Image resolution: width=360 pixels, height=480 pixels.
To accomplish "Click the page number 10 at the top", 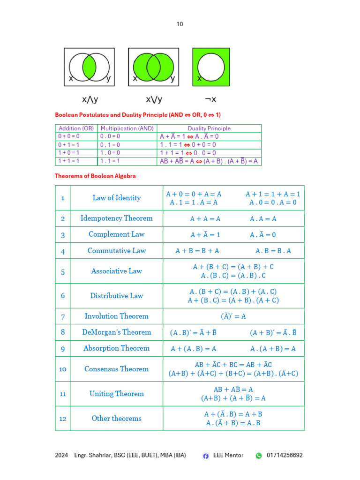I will (180, 24).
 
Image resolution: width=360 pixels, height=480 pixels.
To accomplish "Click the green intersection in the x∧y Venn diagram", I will (89, 67).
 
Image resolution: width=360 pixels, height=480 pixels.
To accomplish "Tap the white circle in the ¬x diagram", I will (210, 67).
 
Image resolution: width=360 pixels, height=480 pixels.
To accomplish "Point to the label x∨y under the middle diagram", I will (154, 99).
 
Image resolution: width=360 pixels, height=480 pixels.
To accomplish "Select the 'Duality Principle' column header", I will (209, 128).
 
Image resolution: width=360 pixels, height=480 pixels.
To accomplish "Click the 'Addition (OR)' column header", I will (76, 128).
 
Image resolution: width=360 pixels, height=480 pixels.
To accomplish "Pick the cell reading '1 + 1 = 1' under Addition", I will (68, 161).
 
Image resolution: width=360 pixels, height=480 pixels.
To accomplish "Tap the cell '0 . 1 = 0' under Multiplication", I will (110, 145).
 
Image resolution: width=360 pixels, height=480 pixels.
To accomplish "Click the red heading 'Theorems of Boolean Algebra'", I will (96, 176).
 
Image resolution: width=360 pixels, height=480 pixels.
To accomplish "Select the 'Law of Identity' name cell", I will (117, 198).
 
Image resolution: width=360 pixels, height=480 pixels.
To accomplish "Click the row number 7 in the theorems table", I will (63, 316).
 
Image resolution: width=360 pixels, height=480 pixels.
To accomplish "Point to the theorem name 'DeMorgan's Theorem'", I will (117, 332).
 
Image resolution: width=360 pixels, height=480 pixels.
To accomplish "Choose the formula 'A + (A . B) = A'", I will (194, 349).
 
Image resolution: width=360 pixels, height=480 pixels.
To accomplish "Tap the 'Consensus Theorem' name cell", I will (117, 369).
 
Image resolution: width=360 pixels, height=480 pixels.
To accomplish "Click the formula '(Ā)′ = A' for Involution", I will (233, 316).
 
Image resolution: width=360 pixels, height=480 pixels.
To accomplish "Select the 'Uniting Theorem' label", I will (117, 394).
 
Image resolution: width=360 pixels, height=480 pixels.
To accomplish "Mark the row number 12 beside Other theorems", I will (63, 419).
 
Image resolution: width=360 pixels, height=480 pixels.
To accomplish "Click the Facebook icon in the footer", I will (206, 456).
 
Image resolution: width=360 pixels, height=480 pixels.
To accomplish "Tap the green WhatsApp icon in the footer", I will (259, 456).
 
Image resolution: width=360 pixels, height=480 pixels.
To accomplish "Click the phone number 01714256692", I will (285, 455).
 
